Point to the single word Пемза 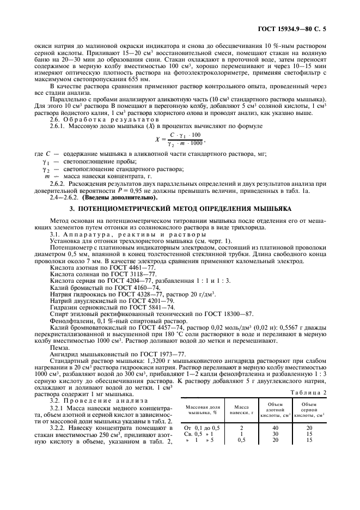pos(59,347)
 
